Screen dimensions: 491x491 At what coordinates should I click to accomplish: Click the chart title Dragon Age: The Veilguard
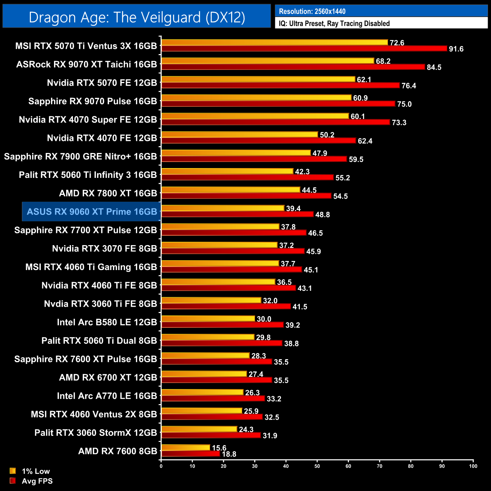137,17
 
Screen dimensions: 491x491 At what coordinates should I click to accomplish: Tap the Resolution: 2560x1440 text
312,11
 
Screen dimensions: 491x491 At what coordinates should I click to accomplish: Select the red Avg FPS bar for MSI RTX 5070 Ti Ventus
304,49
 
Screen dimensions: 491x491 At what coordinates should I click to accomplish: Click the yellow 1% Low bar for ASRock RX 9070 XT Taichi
267,61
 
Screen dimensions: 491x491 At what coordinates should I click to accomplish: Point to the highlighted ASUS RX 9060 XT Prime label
92,212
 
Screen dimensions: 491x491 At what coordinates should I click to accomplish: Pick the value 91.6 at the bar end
456,49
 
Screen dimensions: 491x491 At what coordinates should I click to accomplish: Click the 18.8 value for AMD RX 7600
229,454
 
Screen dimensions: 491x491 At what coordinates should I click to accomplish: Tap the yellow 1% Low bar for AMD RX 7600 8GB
185,448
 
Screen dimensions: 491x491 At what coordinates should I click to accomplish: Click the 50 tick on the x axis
317,466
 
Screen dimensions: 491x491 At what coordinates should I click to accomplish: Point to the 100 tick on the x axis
473,466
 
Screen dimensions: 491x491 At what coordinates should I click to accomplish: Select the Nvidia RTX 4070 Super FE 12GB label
88,120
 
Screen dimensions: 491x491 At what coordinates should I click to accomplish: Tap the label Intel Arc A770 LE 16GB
107,396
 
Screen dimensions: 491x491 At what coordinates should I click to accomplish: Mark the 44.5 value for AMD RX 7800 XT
309,190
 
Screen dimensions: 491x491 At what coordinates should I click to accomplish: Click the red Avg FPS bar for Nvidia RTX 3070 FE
233,251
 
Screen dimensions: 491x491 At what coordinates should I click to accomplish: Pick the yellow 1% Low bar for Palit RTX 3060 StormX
199,429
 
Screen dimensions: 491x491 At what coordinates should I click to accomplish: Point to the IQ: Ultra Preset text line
334,23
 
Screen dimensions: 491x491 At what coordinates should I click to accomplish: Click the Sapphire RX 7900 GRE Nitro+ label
80,156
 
